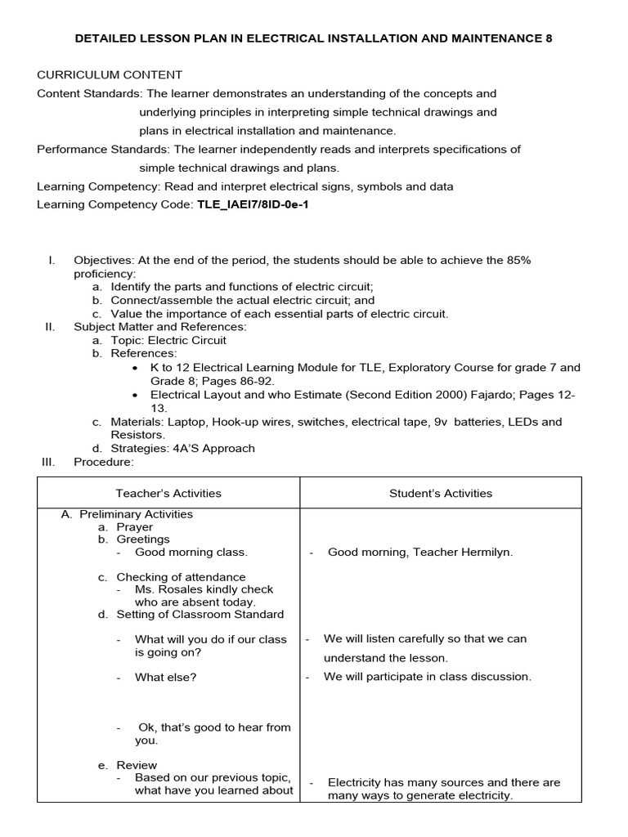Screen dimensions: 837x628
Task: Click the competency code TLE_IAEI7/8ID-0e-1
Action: tap(253, 205)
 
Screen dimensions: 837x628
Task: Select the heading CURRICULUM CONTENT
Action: tap(110, 74)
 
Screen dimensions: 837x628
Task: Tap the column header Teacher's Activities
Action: tap(168, 493)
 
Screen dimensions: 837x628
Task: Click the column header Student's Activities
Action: tap(441, 493)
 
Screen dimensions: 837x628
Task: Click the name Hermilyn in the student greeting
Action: tap(483, 552)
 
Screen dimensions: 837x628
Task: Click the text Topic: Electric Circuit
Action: tap(168, 340)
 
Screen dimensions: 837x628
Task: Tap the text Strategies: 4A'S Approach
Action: tap(182, 448)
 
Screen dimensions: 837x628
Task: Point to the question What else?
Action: tap(166, 677)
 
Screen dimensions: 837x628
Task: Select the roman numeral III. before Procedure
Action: tap(47, 462)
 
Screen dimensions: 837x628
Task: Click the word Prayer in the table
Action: tap(134, 527)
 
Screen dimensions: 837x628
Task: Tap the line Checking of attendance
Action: tap(181, 577)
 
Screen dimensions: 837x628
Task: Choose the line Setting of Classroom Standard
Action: tap(200, 614)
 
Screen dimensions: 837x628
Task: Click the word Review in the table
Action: tap(137, 765)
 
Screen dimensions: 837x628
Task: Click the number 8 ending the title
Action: tap(549, 38)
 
